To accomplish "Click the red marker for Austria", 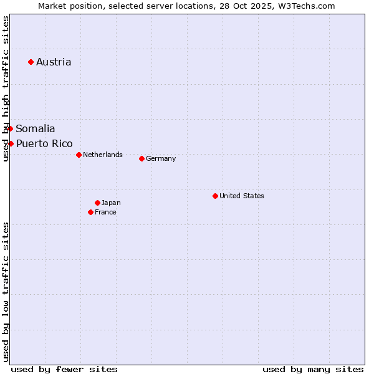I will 31,62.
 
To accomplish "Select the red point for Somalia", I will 10,128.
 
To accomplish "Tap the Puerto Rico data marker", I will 11,143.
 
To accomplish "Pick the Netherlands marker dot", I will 79,155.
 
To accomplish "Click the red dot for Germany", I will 141,158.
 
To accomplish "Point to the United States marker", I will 215,196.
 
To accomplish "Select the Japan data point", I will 97,203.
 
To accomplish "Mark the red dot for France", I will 90,212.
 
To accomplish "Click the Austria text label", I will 54,62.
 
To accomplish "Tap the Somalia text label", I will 36,128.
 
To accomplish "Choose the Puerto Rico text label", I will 44,143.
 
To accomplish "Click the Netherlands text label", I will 103,155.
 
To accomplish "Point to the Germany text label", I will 161,158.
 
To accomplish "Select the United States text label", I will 242,196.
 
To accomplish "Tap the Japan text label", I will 111,203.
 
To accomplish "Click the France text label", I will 105,212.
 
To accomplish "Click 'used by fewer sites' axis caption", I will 64,369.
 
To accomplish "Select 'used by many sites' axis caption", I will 313,369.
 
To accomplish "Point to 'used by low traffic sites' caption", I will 6,292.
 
